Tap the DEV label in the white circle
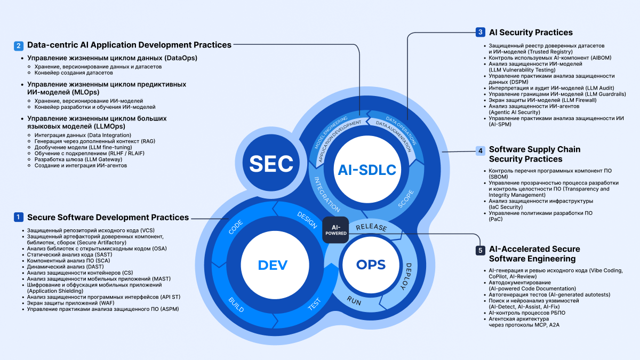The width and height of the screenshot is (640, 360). (x=273, y=265)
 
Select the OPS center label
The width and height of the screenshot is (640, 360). (x=371, y=264)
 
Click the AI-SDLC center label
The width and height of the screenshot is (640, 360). (x=367, y=170)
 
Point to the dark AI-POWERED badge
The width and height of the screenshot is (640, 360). (x=335, y=230)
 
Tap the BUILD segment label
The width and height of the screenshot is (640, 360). (x=237, y=303)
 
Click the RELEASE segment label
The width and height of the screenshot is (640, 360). (x=371, y=227)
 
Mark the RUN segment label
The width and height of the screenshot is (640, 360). (x=355, y=300)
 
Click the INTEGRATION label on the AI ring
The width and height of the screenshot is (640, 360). (x=326, y=194)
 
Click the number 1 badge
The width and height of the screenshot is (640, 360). (x=19, y=217)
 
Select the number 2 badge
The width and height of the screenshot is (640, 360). (x=19, y=46)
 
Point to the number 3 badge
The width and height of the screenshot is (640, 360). (x=481, y=33)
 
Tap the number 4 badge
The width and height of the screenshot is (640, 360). (x=481, y=150)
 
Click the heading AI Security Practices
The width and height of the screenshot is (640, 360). (x=531, y=33)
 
